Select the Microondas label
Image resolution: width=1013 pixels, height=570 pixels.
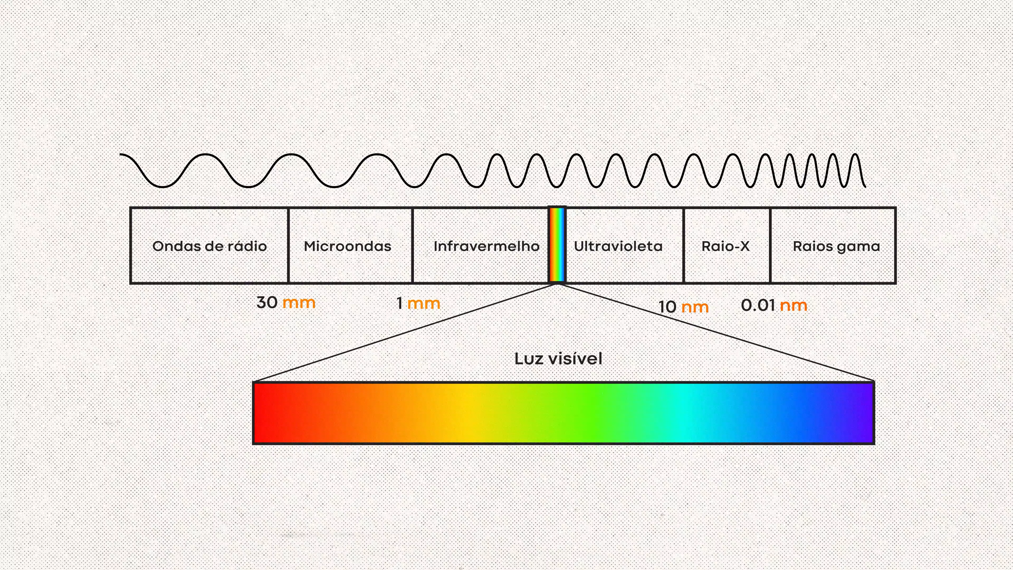tap(348, 246)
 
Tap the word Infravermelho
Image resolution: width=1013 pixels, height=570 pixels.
tap(486, 246)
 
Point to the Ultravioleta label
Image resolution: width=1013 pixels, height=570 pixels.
tap(618, 246)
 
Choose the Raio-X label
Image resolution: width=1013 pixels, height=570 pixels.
tap(725, 246)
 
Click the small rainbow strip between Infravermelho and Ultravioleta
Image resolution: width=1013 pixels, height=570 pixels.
tap(557, 245)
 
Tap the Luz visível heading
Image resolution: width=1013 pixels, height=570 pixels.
tap(558, 359)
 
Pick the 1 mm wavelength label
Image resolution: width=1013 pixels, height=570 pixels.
tap(418, 303)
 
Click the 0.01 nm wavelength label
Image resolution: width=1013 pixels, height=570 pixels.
tap(774, 305)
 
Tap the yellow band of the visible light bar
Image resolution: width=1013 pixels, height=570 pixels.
tap(468, 413)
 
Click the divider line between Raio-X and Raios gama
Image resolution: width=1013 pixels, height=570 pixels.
tap(770, 245)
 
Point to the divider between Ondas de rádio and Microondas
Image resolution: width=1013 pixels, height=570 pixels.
tap(288, 245)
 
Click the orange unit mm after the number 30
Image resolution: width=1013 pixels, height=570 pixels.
tap(299, 303)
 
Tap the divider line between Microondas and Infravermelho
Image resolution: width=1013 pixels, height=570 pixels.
tap(413, 245)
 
